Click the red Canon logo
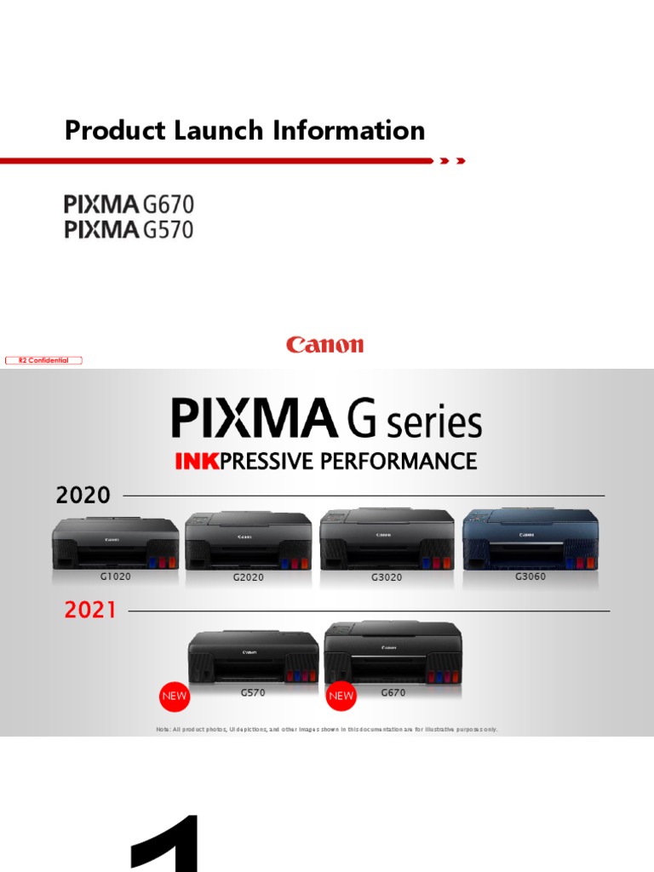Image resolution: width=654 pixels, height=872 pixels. click(x=325, y=345)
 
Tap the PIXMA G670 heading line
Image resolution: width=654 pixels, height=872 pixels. click(x=129, y=204)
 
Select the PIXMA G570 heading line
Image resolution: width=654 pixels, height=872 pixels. click(x=129, y=229)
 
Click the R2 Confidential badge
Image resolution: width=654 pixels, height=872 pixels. click(x=43, y=360)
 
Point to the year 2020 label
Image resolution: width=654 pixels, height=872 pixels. click(x=83, y=495)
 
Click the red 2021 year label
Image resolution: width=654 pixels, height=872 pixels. click(x=89, y=611)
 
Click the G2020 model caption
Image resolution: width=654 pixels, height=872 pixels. click(x=248, y=577)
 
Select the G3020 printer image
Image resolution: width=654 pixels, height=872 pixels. click(x=387, y=540)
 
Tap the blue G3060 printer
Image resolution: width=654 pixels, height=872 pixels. click(x=530, y=538)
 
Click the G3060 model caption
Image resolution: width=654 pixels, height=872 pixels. click(x=530, y=577)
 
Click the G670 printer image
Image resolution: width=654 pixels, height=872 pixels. click(x=393, y=652)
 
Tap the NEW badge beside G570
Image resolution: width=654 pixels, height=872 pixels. click(x=174, y=696)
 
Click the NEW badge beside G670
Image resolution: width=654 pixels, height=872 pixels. click(x=341, y=696)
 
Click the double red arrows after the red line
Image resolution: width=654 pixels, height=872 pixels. click(x=452, y=161)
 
